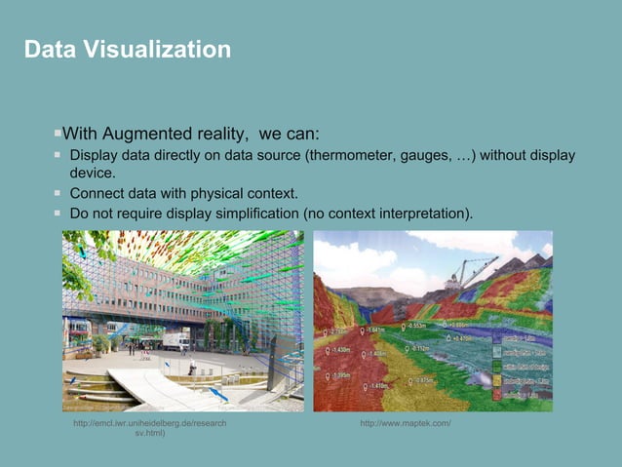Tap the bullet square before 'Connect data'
click(58, 193)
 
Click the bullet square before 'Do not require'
click(58, 212)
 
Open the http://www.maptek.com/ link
click(405, 423)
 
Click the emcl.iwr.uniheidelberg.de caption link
click(150, 423)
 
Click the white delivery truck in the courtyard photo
click(175, 340)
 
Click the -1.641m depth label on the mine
click(375, 331)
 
